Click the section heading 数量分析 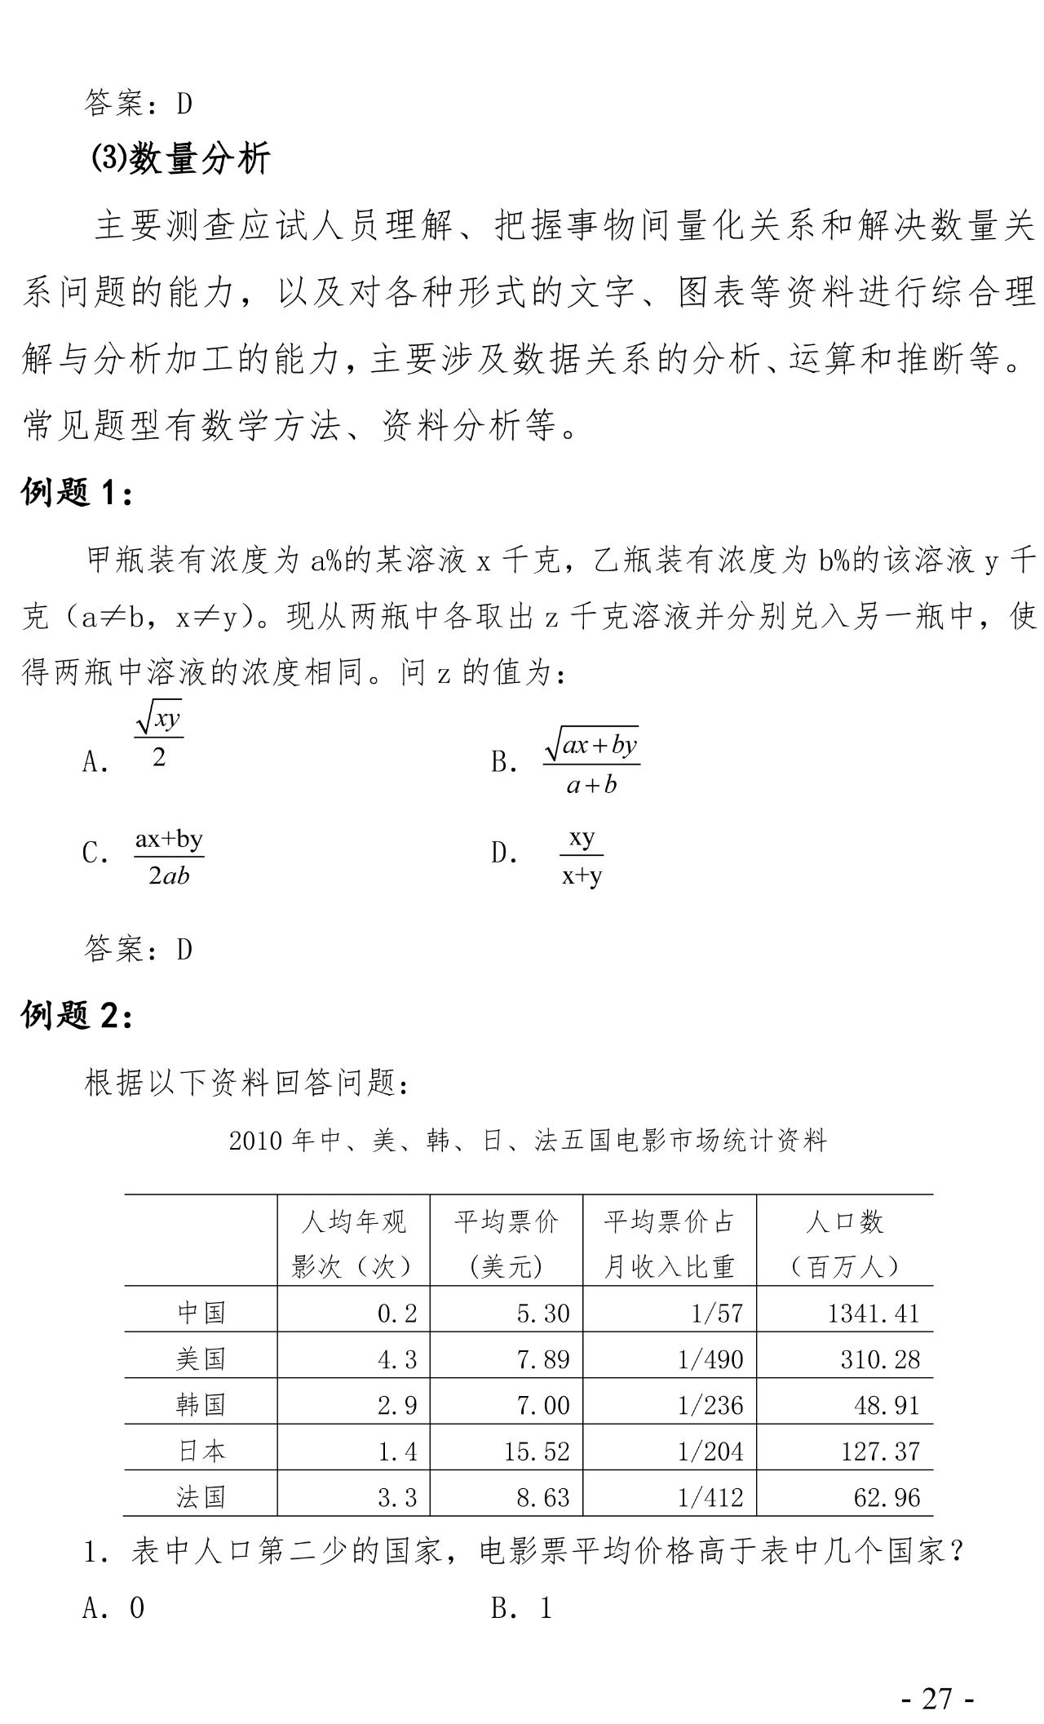click(x=179, y=159)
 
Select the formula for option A click(x=158, y=737)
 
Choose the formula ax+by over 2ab click(x=169, y=857)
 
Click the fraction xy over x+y click(x=582, y=857)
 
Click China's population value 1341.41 click(x=873, y=1313)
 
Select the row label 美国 click(x=201, y=1358)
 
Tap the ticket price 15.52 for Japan click(x=537, y=1451)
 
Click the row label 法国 click(x=201, y=1497)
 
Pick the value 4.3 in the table click(x=397, y=1359)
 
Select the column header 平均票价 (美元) click(x=507, y=1243)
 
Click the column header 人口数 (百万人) click(x=844, y=1243)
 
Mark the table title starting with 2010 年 click(x=528, y=1141)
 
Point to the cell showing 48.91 click(x=887, y=1405)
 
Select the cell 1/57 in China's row click(x=716, y=1313)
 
